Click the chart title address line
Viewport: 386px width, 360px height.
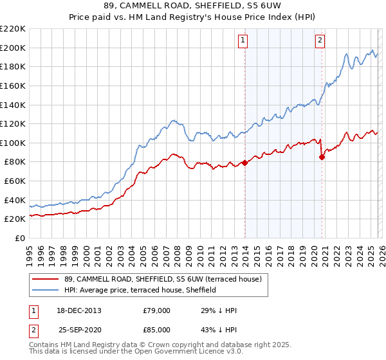pos(192,6)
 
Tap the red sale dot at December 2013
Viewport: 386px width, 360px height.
pos(244,163)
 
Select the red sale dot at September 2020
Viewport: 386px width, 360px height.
pos(322,157)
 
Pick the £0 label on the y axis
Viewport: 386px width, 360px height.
pos(21,238)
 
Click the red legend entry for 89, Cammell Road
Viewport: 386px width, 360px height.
pos(162,279)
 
